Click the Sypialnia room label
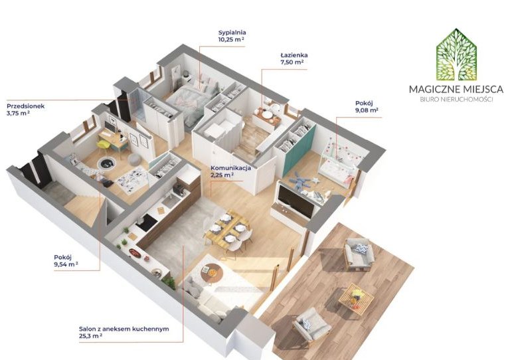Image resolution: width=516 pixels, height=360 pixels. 232,33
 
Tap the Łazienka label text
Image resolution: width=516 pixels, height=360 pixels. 294,55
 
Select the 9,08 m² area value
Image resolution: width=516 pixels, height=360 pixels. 367,110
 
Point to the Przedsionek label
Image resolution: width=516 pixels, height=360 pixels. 25,106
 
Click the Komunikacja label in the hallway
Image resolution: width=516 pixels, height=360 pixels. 230,168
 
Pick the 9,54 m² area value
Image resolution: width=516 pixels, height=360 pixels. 66,264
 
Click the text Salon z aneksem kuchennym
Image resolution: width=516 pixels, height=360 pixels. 124,329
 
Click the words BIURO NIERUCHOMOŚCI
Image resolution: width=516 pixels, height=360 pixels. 456,100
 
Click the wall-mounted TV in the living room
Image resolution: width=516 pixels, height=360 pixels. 296,201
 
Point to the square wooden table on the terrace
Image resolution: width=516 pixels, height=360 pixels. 357,298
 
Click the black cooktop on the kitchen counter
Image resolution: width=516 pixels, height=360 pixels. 146,222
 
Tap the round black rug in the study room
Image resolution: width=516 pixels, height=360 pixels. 106,162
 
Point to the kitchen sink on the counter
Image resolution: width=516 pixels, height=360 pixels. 171,200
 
